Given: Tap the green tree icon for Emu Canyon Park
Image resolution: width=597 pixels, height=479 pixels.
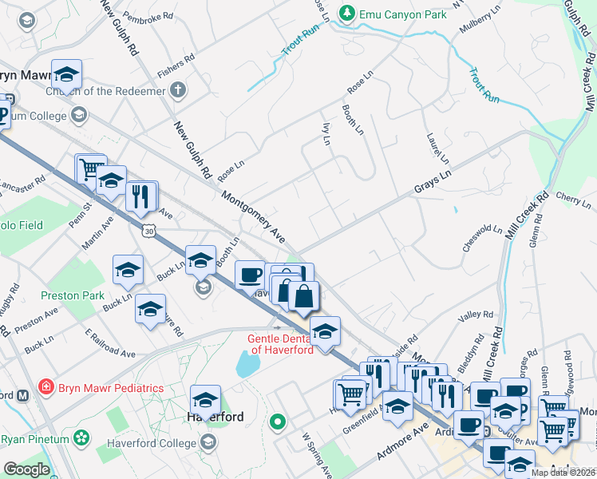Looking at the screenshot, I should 346,14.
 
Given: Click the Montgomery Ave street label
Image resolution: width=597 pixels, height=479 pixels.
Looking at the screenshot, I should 253,216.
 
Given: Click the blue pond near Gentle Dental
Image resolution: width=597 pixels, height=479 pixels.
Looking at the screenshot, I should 247,364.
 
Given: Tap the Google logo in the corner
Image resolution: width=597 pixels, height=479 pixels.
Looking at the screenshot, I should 26,469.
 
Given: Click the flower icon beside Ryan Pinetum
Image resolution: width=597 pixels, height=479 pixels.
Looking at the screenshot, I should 81,437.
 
